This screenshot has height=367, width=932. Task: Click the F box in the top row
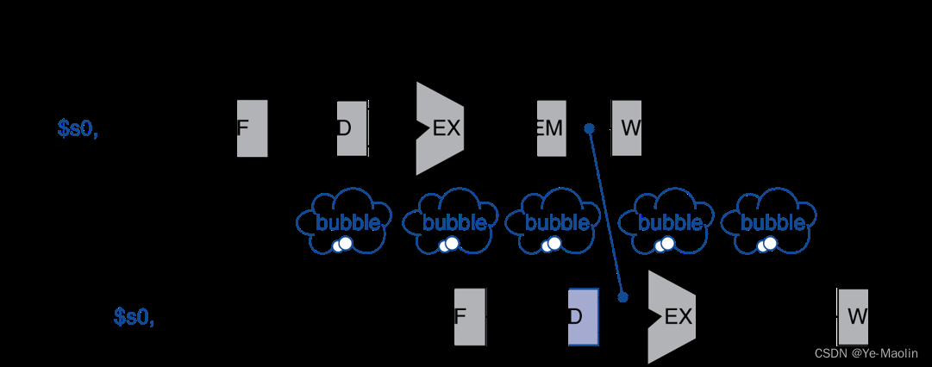[x=252, y=128]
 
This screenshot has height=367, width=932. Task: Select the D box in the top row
[x=352, y=128]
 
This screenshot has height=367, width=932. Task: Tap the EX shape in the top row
[x=440, y=128]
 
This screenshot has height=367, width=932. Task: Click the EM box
[x=552, y=128]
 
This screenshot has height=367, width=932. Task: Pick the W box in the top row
[x=627, y=128]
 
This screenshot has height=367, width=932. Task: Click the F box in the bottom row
[x=470, y=316]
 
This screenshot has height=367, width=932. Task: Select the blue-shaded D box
[x=583, y=316]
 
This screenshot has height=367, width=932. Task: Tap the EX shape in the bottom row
[x=671, y=316]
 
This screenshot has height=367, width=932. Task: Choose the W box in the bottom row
[x=853, y=316]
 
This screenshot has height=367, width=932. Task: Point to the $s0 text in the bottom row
[x=134, y=317]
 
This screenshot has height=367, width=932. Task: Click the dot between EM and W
[x=590, y=128]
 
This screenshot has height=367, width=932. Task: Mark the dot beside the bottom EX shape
[x=622, y=297]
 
